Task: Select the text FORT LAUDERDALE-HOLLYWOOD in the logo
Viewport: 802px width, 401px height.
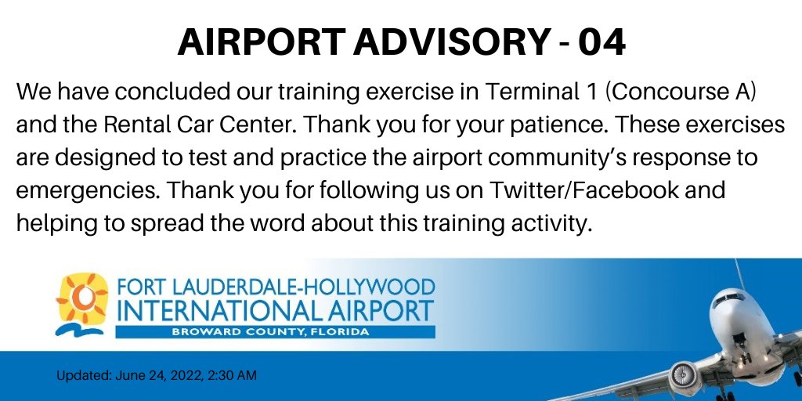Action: (275, 287)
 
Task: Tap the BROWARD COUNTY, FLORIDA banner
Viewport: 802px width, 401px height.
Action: (275, 332)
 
